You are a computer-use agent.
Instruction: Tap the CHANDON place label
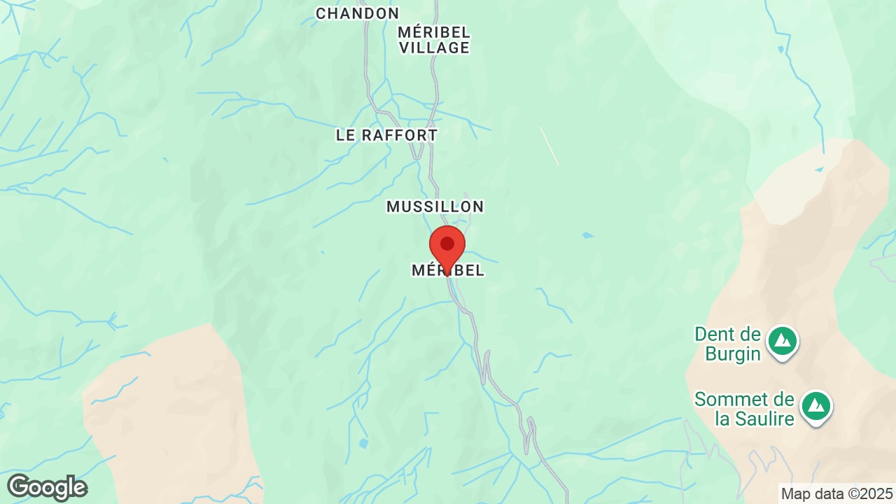(x=357, y=13)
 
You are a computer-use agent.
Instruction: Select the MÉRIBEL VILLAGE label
(x=434, y=40)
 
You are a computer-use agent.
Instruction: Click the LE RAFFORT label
(x=386, y=135)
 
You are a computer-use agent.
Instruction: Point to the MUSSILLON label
(x=435, y=206)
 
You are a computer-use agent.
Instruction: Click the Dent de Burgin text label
(x=727, y=344)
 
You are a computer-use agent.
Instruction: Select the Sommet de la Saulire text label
(x=744, y=409)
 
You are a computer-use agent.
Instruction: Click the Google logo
(x=47, y=487)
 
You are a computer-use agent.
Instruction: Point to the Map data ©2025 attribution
(x=836, y=493)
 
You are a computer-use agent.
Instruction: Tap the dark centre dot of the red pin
(x=447, y=243)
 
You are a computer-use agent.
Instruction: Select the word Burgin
(x=733, y=353)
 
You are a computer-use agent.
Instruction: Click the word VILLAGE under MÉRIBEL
(x=434, y=48)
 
